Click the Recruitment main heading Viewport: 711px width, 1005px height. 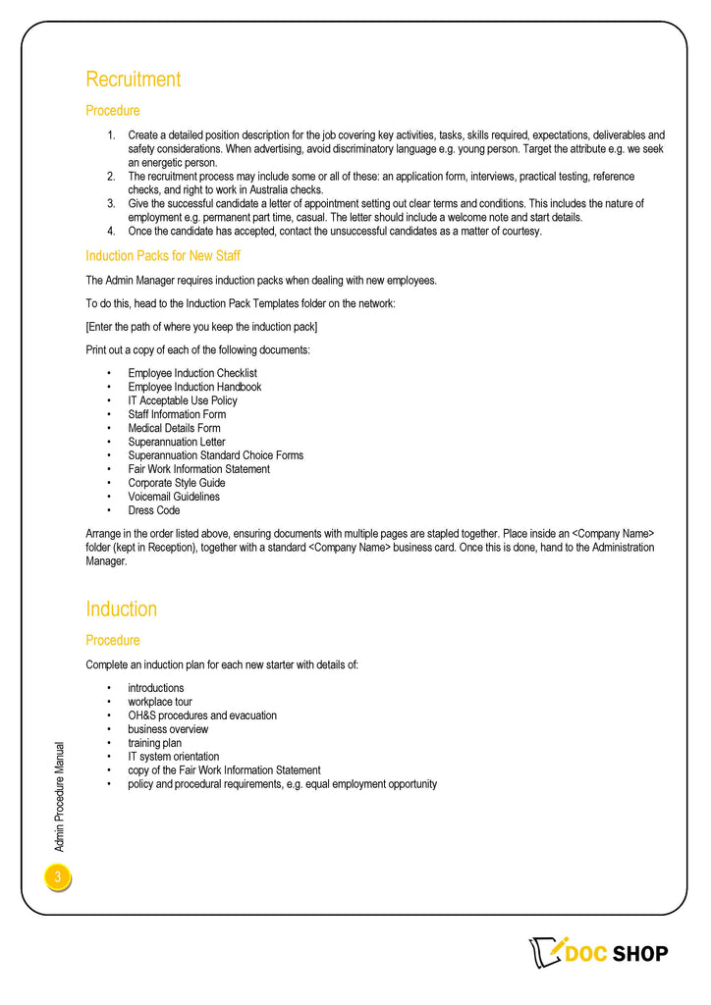[134, 79]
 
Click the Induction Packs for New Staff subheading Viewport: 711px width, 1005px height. [163, 256]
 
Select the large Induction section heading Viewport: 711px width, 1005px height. [121, 608]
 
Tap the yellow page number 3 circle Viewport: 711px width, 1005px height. [58, 877]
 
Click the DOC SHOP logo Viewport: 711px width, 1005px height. [599, 953]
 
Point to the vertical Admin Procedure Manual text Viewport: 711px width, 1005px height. [59, 795]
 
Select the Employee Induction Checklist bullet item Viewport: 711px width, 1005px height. [192, 373]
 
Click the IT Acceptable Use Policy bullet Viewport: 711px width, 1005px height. [183, 400]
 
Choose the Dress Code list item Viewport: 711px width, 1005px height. [154, 510]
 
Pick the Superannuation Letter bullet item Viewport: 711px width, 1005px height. [177, 442]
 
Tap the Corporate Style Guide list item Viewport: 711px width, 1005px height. [177, 483]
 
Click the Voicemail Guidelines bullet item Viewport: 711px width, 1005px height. [174, 497]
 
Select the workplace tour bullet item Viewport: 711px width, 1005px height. [160, 702]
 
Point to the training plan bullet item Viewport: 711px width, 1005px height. [154, 743]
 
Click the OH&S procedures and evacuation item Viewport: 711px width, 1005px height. [202, 715]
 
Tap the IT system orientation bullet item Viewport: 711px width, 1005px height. [174, 757]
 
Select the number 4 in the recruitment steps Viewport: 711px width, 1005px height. [111, 232]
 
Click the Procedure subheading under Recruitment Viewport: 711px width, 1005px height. [113, 111]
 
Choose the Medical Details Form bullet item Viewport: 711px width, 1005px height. [174, 428]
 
